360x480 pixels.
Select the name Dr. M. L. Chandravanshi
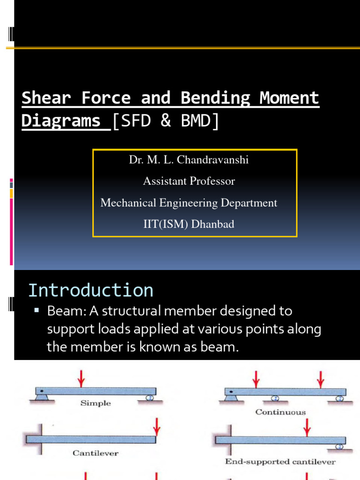point(189,160)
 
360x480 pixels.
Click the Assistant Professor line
point(189,181)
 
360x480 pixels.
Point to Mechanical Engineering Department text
point(189,203)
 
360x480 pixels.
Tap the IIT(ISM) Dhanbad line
point(189,225)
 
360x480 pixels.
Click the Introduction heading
point(90,290)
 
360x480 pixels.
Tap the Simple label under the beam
point(96,403)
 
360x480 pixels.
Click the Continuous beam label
point(280,412)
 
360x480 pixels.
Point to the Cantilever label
point(96,453)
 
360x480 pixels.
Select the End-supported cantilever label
point(280,462)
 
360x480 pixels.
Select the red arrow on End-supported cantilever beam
point(307,427)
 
